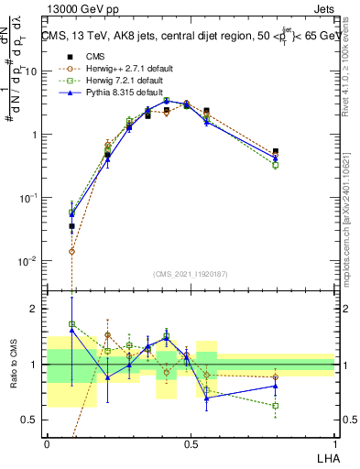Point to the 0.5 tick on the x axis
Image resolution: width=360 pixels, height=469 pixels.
(x=191, y=443)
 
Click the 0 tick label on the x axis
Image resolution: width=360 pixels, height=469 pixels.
(x=47, y=443)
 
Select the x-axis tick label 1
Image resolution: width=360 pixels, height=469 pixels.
(x=334, y=443)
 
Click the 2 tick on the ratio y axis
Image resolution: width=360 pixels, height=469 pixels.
(x=36, y=309)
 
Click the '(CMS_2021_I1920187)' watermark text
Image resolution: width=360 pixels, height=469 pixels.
(x=190, y=275)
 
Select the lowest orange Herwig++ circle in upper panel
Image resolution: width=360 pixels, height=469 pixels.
(x=72, y=250)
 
